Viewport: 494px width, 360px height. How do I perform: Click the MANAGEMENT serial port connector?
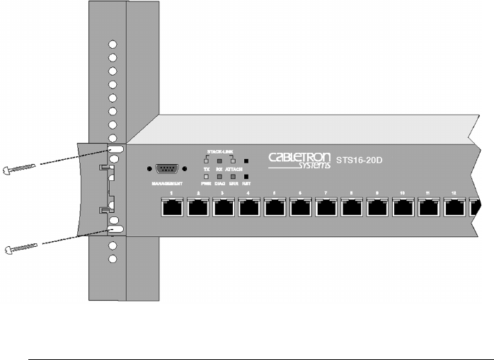pyautogui.click(x=166, y=168)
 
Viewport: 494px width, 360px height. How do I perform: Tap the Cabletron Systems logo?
pyautogui.click(x=299, y=158)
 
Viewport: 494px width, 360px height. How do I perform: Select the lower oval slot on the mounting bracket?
pyautogui.click(x=115, y=230)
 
